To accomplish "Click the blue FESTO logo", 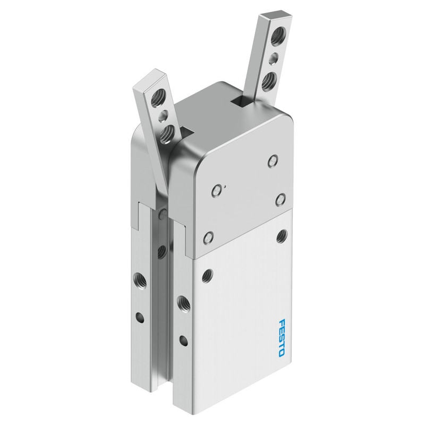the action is pyautogui.click(x=282, y=337).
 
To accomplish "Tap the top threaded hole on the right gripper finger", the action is pyautogui.click(x=277, y=35).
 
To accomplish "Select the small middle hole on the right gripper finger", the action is pyautogui.click(x=274, y=58).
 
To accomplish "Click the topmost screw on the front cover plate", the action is pyautogui.click(x=273, y=161).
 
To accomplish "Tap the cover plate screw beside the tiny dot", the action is pyautogui.click(x=216, y=191).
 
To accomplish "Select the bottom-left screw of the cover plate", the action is pyautogui.click(x=208, y=237).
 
